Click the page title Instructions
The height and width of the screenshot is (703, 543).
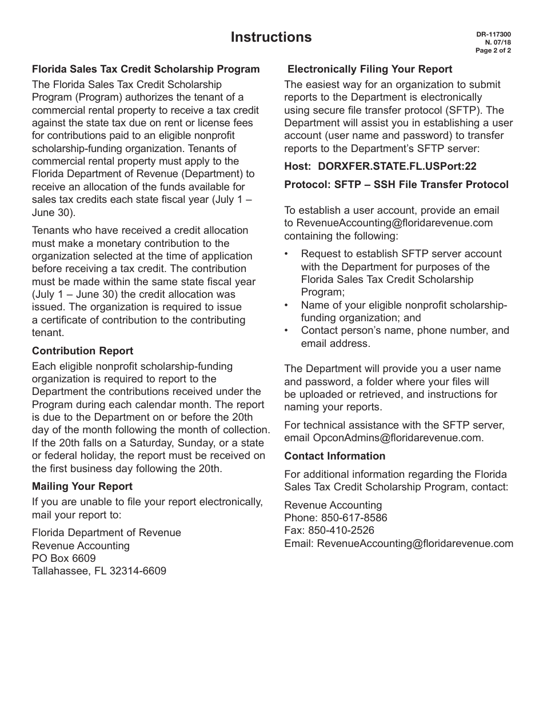271,37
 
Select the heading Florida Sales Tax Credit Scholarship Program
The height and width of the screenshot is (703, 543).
146,69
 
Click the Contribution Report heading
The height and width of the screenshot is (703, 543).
82,351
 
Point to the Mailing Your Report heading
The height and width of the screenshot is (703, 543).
82,486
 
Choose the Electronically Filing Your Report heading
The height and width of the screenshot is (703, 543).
370,69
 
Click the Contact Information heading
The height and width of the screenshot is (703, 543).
334,456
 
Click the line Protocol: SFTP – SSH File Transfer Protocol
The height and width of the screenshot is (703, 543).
396,185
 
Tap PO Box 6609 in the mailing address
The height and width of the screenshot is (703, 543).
64,558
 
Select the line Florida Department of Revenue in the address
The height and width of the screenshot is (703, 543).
106,533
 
